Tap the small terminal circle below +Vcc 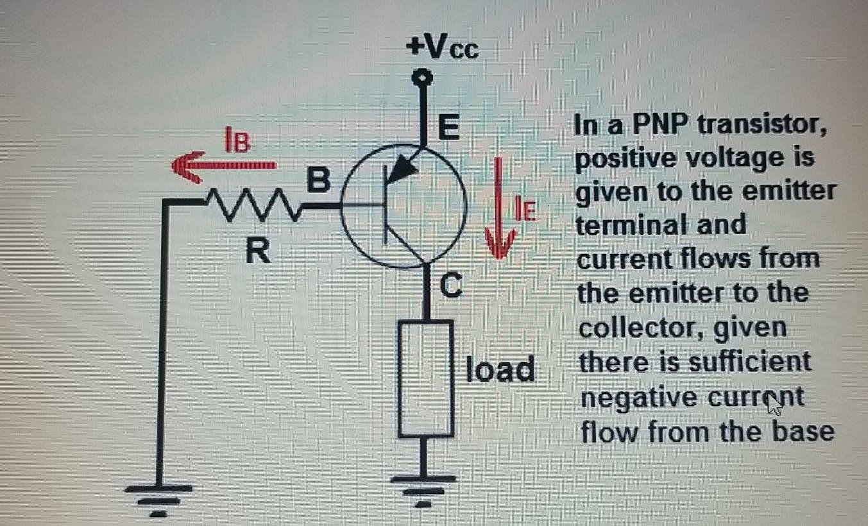click(422, 78)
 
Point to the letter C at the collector click(450, 286)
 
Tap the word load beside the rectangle click(500, 370)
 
